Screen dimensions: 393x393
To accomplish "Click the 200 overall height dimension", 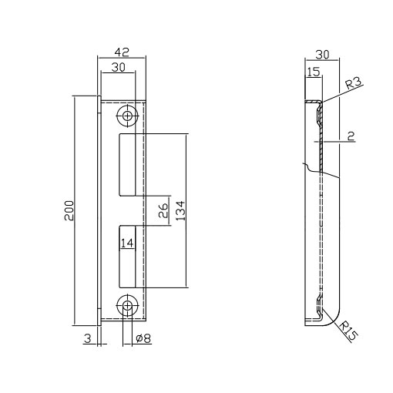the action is [x=69, y=210].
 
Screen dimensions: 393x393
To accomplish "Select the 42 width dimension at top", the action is [x=122, y=52].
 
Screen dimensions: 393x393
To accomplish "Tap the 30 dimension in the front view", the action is [x=119, y=67].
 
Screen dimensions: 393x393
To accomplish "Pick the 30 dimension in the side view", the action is [x=322, y=55].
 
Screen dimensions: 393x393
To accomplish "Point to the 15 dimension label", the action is [x=314, y=72].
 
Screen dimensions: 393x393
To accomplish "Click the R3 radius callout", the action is [x=354, y=83].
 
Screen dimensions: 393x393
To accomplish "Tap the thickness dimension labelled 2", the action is [x=351, y=136].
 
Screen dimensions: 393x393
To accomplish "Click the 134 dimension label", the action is [x=180, y=210].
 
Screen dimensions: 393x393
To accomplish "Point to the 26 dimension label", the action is [x=163, y=210].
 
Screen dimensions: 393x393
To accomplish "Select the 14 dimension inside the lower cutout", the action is [x=127, y=243].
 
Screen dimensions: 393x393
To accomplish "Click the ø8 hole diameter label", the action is [x=143, y=338].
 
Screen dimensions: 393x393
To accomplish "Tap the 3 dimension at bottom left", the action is [x=88, y=338].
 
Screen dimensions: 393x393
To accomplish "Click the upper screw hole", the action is [x=127, y=116].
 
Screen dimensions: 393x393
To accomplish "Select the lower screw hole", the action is [x=127, y=306].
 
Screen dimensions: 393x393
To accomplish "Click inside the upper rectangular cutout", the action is [x=127, y=165].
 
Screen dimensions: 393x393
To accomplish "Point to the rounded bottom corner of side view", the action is [x=334, y=321].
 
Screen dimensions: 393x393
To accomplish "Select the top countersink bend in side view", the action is [x=319, y=114].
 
